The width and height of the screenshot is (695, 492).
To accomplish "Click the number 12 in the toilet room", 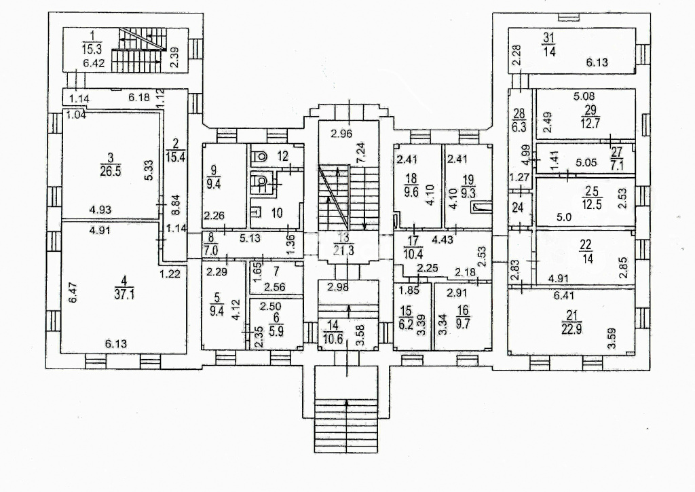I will pyautogui.click(x=282, y=156).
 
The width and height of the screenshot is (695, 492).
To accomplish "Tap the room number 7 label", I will pyautogui.click(x=276, y=271).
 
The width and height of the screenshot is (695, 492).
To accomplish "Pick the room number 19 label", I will pyautogui.click(x=468, y=179).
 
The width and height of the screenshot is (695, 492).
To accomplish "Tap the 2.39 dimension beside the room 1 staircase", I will pyautogui.click(x=174, y=59).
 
